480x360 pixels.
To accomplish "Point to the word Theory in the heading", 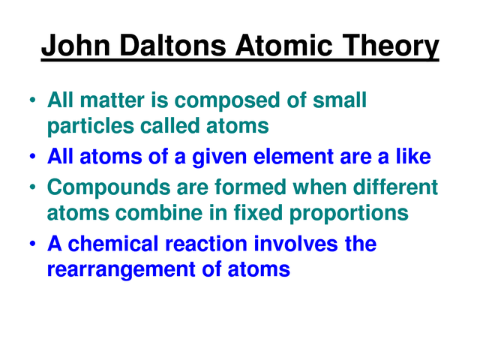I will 391,46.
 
